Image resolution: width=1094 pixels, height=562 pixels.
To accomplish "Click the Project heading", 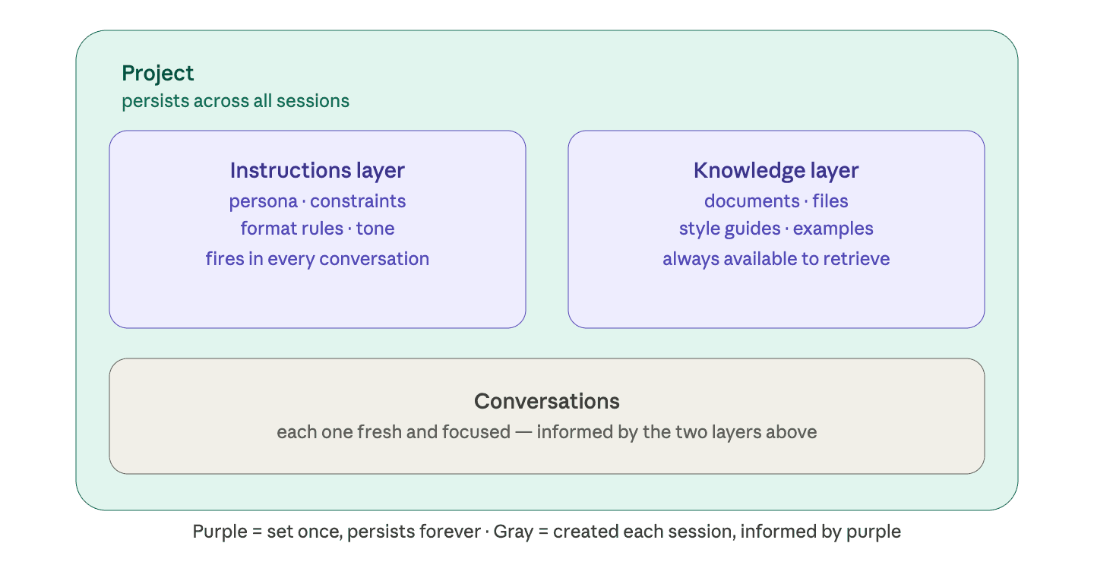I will (x=158, y=74).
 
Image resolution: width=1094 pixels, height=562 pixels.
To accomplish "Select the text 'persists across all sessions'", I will (x=236, y=101).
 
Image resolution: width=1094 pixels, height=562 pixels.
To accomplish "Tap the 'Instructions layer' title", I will (x=317, y=171).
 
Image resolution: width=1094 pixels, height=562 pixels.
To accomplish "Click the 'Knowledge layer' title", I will (x=776, y=171).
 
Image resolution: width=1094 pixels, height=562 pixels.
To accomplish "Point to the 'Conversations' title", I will (x=546, y=401).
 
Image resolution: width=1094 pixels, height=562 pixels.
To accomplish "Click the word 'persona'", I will (x=263, y=201).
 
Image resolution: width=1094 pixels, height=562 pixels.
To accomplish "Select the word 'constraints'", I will (x=358, y=201).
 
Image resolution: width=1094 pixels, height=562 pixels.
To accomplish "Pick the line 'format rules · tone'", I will (x=317, y=229).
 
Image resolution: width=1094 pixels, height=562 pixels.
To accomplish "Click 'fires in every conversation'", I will (x=317, y=259).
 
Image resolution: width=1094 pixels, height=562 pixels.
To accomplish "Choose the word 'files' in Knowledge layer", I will (x=830, y=201).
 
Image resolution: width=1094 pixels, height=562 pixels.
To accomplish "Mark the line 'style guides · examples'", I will (x=776, y=229).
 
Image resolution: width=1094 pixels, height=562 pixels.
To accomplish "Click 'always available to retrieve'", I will (x=776, y=259).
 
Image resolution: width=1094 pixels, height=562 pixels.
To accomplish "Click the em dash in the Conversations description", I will (x=523, y=432).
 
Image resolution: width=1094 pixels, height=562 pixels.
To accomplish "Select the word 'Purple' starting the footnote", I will (x=220, y=532).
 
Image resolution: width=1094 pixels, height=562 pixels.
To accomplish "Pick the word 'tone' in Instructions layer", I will (x=375, y=229).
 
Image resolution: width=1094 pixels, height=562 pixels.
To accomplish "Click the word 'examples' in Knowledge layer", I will (x=833, y=229).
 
